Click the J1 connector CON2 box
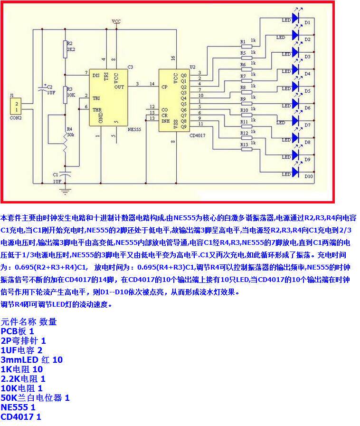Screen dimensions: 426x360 17,107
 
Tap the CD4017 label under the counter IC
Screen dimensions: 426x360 200,135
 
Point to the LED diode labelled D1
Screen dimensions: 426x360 296,18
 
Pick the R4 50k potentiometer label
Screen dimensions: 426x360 69,132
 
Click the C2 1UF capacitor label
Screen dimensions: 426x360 49,89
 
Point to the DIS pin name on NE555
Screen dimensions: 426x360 96,75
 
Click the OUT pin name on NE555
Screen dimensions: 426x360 120,87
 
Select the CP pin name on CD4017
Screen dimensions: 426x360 164,87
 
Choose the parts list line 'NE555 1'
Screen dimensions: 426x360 18,407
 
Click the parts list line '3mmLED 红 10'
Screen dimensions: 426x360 31,360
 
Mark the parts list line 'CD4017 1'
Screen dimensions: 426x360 21,417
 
